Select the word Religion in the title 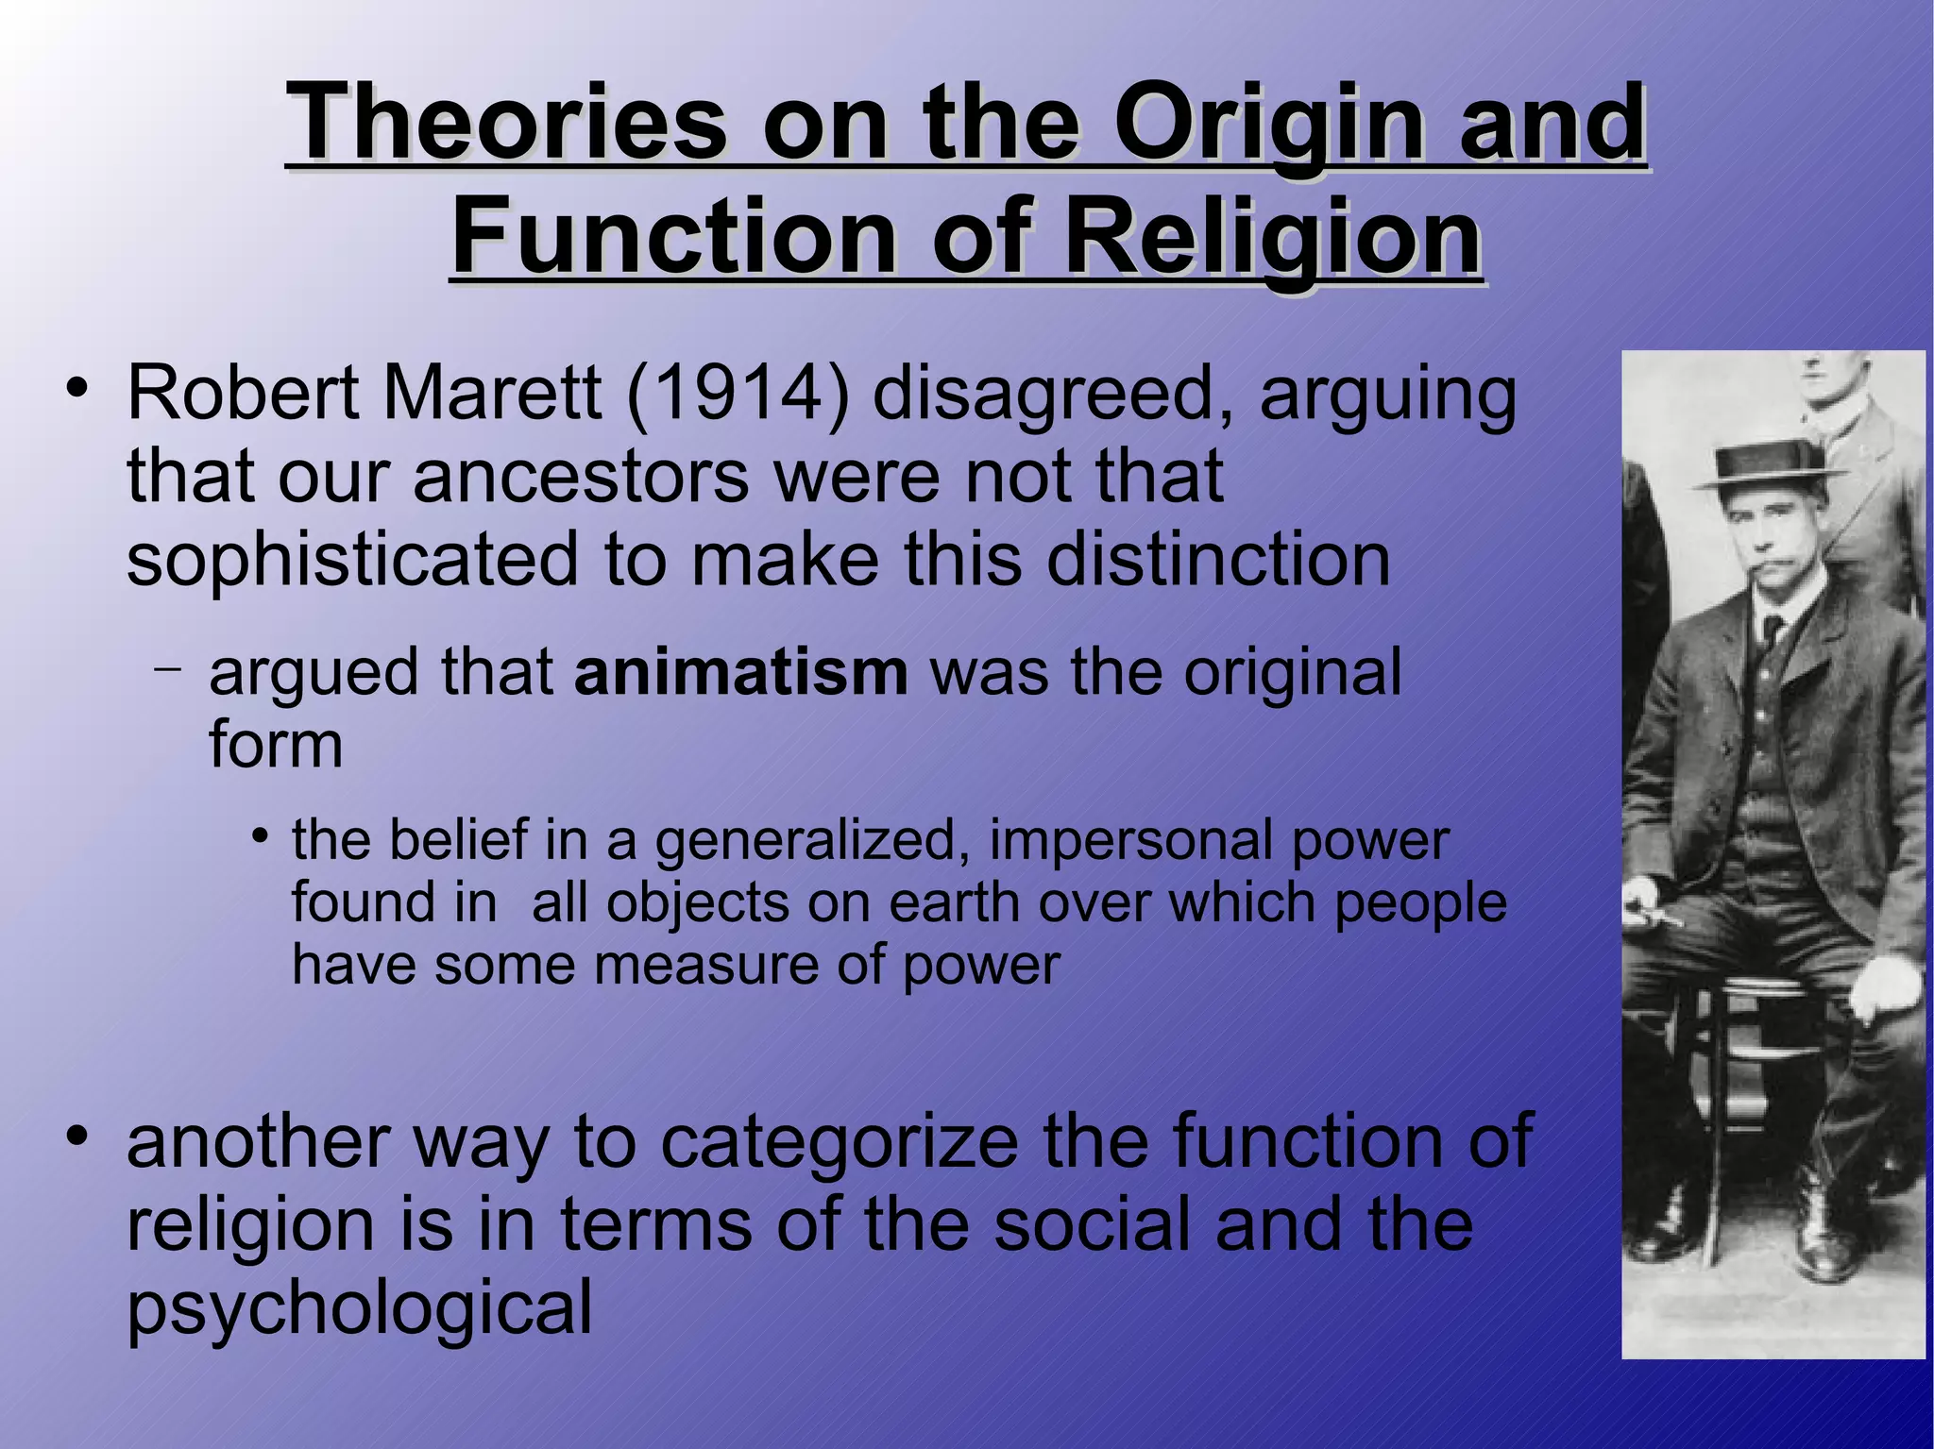[x=1271, y=236]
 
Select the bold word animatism [x=740, y=673]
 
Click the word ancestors [x=581, y=476]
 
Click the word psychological [x=359, y=1308]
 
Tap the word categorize [x=840, y=1142]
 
